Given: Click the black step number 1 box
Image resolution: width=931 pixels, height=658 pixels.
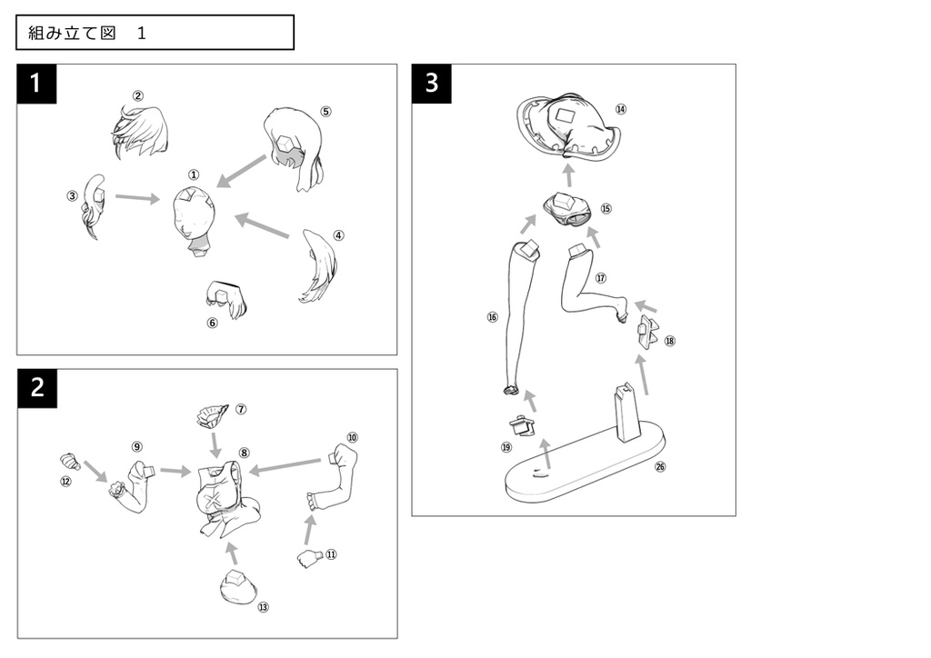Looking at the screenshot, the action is pyautogui.click(x=36, y=84).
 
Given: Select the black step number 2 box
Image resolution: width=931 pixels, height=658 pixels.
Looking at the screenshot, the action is pyautogui.click(x=36, y=388).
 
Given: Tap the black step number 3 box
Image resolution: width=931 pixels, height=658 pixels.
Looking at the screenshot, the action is pyautogui.click(x=431, y=84).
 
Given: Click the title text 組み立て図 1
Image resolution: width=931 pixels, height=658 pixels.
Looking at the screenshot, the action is pyautogui.click(x=86, y=33).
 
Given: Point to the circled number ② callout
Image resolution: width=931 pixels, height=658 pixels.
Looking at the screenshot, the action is pyautogui.click(x=138, y=95).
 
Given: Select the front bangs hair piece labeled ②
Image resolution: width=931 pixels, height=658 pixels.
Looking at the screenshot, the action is pyautogui.click(x=140, y=132).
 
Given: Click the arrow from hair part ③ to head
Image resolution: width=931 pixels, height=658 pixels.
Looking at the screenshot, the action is pyautogui.click(x=138, y=198).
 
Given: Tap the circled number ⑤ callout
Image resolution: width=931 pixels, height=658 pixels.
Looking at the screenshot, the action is pyautogui.click(x=325, y=112).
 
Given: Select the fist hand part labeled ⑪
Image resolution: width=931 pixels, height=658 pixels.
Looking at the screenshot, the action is pyautogui.click(x=310, y=559).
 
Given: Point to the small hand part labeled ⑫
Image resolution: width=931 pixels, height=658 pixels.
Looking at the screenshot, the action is pyautogui.click(x=69, y=461).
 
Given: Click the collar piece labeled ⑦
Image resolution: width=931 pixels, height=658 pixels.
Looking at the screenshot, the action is pyautogui.click(x=212, y=414).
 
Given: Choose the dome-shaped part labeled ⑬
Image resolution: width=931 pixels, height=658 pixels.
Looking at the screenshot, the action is pyautogui.click(x=238, y=587).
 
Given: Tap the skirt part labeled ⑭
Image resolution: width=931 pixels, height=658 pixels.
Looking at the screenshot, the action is pyautogui.click(x=569, y=126).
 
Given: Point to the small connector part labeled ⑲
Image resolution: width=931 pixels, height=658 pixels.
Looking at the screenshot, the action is pyautogui.click(x=523, y=424).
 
